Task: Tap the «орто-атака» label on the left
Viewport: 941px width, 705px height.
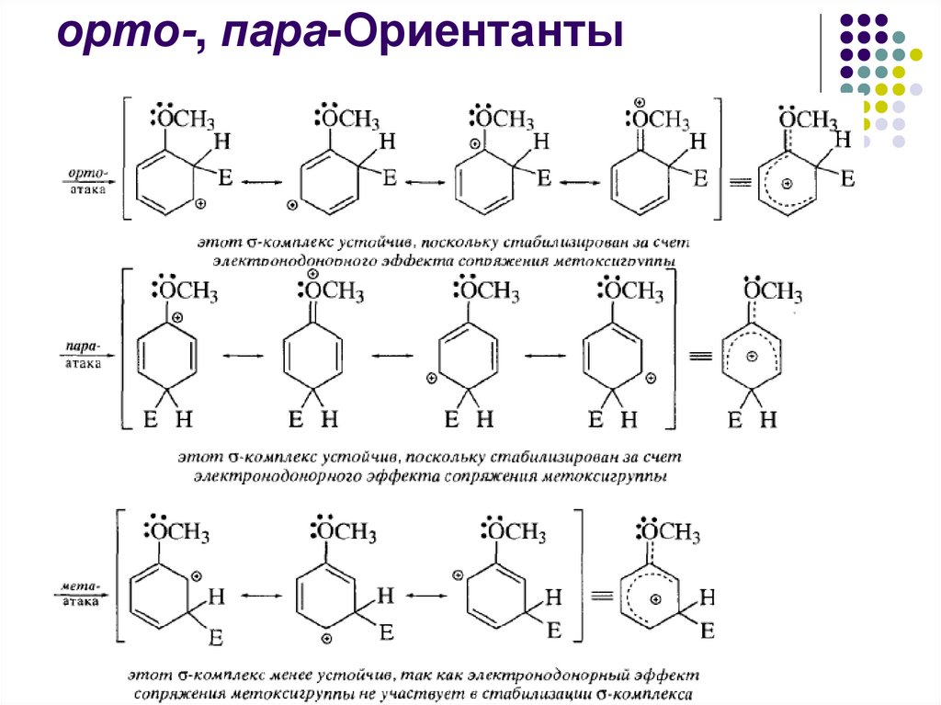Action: (x=89, y=180)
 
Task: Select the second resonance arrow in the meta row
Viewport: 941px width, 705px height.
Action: (x=425, y=595)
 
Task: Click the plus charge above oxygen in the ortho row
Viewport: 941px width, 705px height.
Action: (x=640, y=102)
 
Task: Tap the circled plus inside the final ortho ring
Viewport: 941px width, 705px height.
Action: (x=787, y=183)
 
